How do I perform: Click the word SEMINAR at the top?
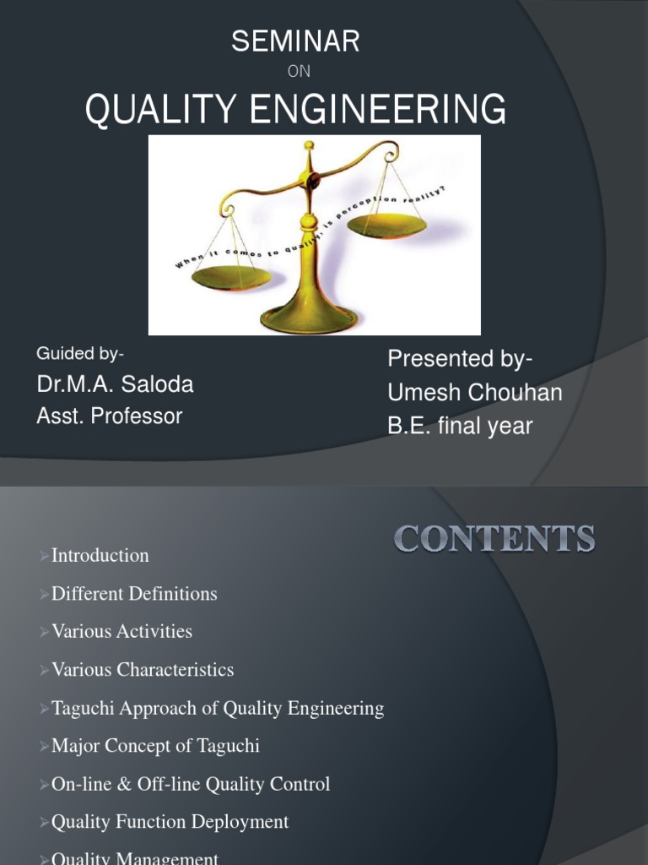296,41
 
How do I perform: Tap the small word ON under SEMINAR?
299,72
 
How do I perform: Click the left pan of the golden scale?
231,276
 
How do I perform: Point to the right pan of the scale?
386,225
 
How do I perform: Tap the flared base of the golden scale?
309,319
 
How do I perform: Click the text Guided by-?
80,353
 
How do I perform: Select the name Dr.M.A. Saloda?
115,384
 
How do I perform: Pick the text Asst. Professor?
109,416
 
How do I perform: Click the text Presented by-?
460,359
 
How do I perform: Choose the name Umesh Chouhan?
474,393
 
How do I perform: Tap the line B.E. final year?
460,426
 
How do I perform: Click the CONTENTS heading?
494,539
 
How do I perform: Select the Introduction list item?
100,555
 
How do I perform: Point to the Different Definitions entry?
134,594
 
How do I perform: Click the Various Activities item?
121,631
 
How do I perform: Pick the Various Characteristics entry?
143,670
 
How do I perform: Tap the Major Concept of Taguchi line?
155,746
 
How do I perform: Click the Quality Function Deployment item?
170,822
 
